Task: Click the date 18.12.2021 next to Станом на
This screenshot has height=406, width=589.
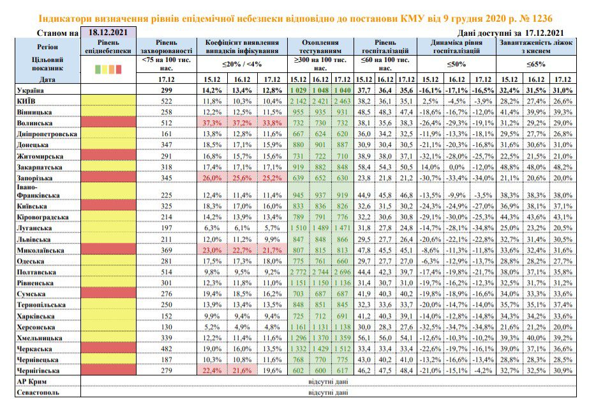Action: [x=108, y=33]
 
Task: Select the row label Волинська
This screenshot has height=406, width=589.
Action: [x=34, y=123]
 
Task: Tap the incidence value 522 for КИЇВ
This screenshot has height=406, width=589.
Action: [x=166, y=101]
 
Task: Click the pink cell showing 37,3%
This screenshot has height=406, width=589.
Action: [x=212, y=123]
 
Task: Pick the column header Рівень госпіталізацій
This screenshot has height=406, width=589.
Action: [x=385, y=47]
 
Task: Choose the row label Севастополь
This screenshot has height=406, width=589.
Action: [x=38, y=392]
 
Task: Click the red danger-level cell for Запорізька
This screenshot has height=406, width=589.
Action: [x=108, y=178]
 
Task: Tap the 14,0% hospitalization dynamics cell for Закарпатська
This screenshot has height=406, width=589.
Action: [x=430, y=167]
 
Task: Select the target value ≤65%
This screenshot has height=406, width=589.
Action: [x=535, y=65]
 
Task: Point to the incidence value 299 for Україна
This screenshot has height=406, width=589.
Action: [x=166, y=90]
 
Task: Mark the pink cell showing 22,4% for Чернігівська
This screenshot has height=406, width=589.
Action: [x=212, y=371]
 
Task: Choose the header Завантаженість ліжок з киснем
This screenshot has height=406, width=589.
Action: [x=536, y=47]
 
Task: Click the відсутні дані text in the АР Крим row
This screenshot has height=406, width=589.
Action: [x=328, y=382]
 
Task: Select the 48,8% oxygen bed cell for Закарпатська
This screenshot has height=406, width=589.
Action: [x=509, y=167]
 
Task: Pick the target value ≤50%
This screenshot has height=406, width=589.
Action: [x=456, y=65]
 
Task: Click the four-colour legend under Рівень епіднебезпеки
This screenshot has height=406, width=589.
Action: [x=108, y=69]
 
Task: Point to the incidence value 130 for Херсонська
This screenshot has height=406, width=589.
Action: [x=166, y=327]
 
